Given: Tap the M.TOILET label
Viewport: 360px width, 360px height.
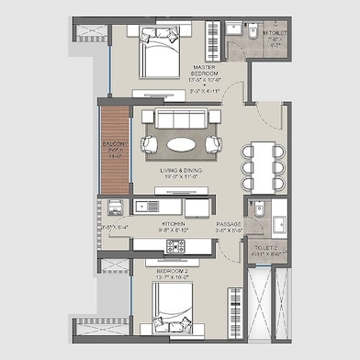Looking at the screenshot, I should pos(274,33).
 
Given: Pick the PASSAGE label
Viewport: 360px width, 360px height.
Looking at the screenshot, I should pos(229,223).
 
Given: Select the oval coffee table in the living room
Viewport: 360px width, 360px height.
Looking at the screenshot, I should pos(180,144).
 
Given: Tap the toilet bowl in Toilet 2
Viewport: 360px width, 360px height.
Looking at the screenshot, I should pos(256,209).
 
